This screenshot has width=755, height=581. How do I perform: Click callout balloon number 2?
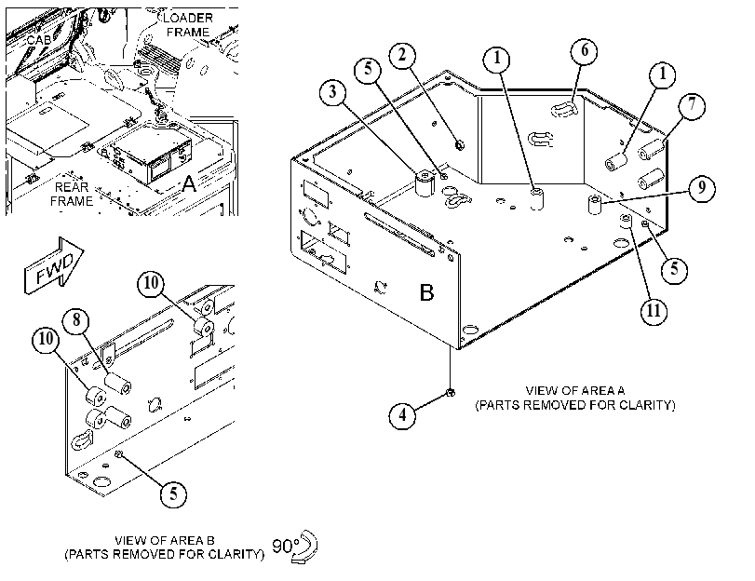(x=402, y=56)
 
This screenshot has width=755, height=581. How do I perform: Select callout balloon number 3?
(x=332, y=91)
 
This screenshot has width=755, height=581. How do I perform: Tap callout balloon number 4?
(x=402, y=414)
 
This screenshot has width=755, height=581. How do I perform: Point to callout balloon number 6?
(x=584, y=50)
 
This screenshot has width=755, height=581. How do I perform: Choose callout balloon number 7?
(x=692, y=105)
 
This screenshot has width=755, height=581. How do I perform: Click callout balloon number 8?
(x=77, y=320)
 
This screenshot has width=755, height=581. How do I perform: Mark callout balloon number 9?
(x=702, y=188)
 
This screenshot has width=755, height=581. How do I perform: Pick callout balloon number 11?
(x=654, y=311)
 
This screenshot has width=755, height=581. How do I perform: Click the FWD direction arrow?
(x=54, y=265)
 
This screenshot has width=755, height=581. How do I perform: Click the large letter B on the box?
(x=426, y=292)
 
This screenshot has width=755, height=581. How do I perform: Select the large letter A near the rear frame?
(x=189, y=183)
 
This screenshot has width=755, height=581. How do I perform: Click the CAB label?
(x=39, y=40)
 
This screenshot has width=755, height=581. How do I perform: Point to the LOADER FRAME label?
(x=188, y=25)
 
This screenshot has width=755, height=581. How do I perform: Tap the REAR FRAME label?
(x=72, y=195)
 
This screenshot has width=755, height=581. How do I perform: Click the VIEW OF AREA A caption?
(x=575, y=398)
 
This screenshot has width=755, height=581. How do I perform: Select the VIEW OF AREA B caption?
(x=165, y=547)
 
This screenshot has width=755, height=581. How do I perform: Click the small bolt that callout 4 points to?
(x=451, y=393)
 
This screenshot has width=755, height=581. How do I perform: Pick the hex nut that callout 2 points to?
(x=459, y=144)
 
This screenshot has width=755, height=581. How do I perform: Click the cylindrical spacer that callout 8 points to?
(x=118, y=384)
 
